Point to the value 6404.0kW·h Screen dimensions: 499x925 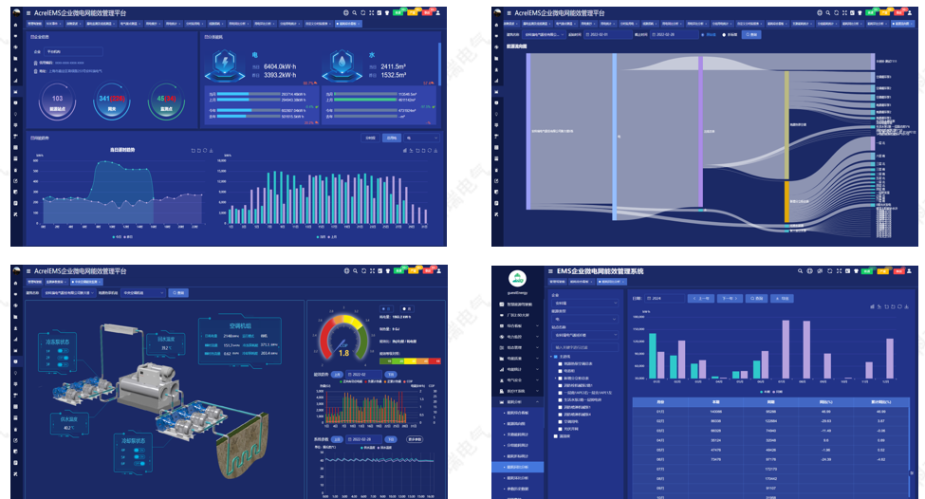[x=280, y=66]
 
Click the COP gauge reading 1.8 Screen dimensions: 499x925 [x=343, y=342]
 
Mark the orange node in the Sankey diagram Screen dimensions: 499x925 [x=786, y=201]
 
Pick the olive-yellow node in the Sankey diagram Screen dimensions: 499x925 [x=786, y=124]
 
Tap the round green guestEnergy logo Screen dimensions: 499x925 [x=517, y=278]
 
